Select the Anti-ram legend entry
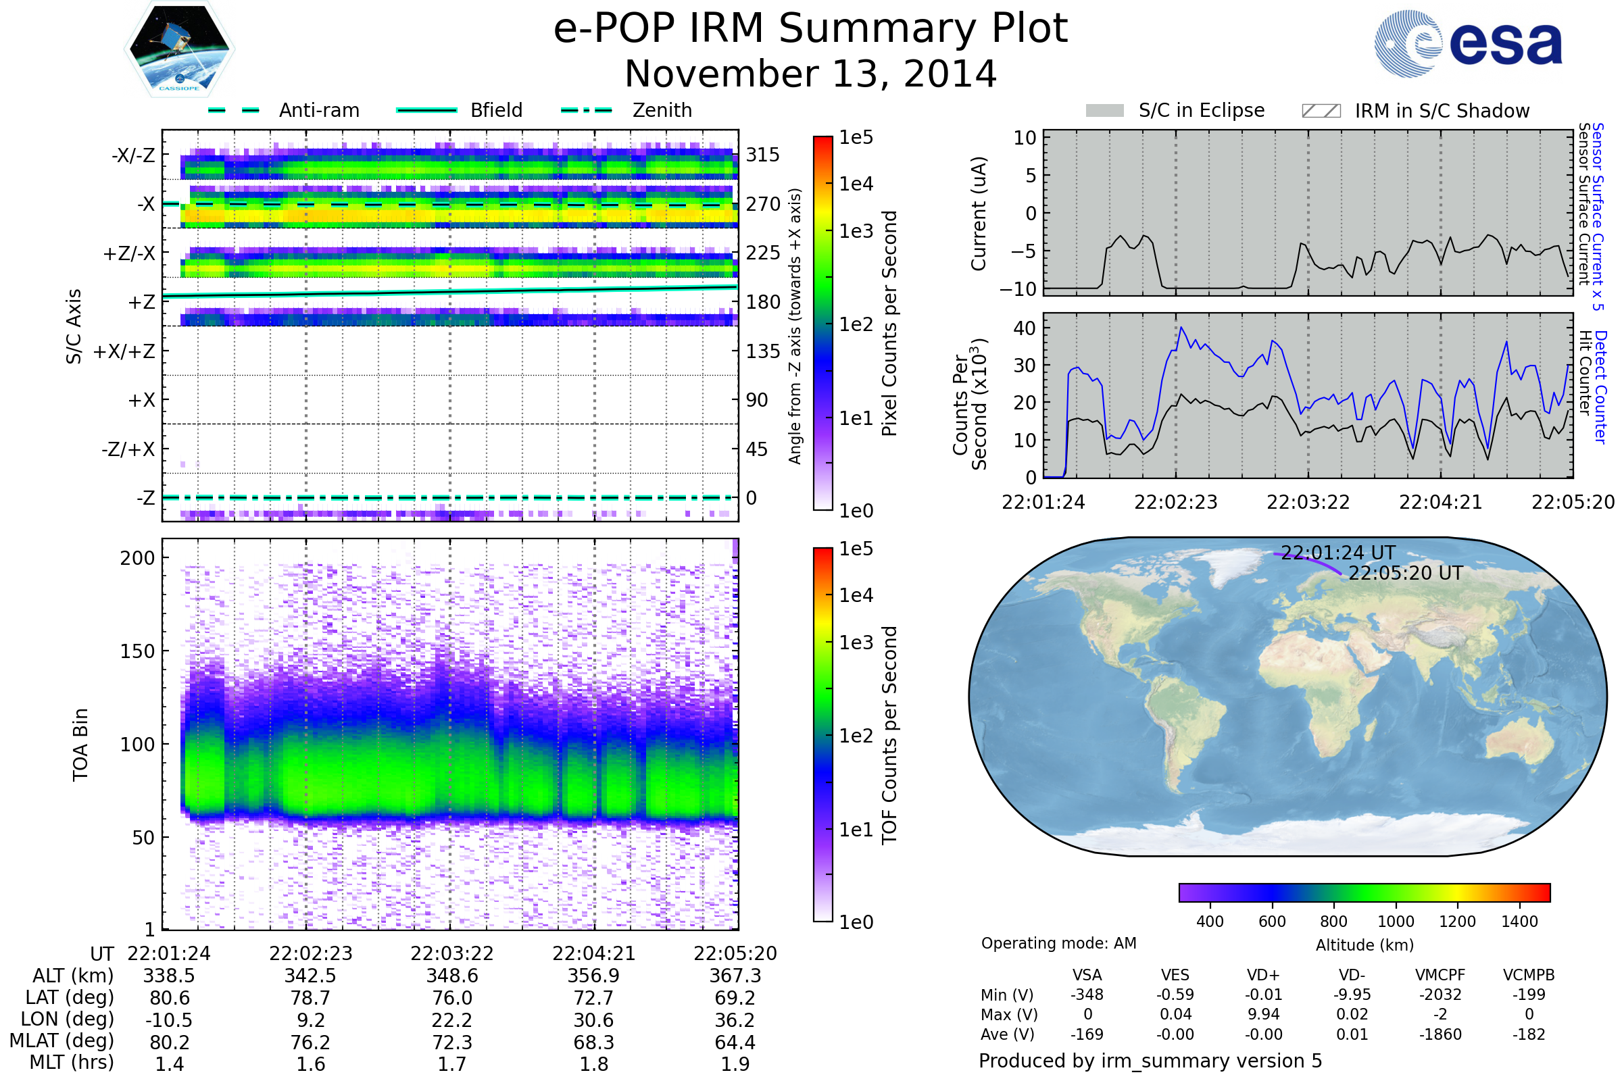tap(284, 110)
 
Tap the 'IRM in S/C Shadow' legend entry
tap(1415, 110)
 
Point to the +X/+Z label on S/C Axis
tap(124, 351)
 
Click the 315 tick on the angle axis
tap(763, 155)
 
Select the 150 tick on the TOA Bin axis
tap(137, 651)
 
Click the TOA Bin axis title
tap(80, 744)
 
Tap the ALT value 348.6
tap(451, 976)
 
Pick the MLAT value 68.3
tap(594, 1042)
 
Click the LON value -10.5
tap(169, 1020)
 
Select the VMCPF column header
tap(1440, 976)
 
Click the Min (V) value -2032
tap(1440, 995)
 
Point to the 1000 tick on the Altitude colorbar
tap(1396, 922)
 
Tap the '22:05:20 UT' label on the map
tap(1405, 574)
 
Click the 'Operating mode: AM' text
tap(1058, 943)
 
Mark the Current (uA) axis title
tap(979, 213)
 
